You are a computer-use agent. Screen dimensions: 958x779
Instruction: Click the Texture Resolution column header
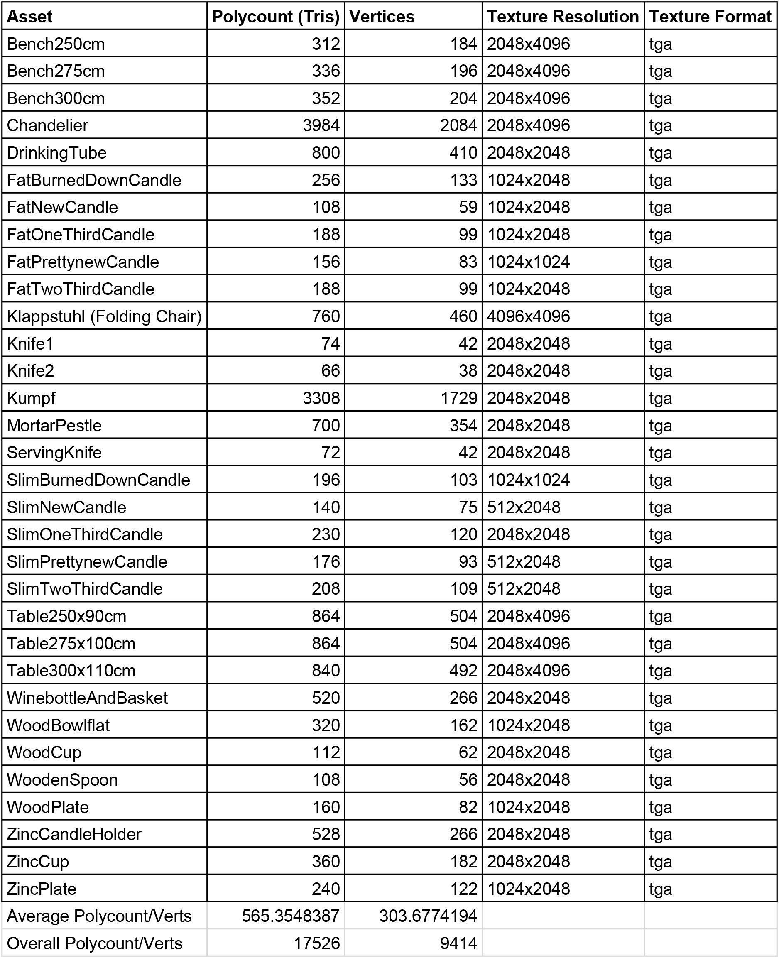pos(563,17)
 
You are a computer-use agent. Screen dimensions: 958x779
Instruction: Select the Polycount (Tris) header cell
pos(276,17)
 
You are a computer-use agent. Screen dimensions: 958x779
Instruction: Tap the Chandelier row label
pos(48,125)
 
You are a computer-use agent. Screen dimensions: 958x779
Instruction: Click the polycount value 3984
pos(321,125)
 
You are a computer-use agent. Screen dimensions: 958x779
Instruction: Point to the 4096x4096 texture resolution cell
pos(528,316)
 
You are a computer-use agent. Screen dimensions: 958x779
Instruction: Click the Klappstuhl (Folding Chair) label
pos(104,316)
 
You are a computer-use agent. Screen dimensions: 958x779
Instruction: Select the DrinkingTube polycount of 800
pos(326,152)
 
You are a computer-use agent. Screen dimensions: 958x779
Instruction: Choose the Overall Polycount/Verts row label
pos(95,943)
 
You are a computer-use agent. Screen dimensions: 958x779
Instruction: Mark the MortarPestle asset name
pos(54,425)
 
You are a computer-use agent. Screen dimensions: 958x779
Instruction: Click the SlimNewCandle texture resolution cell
pos(524,507)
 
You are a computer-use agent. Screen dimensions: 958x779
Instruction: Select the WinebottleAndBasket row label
pos(87,698)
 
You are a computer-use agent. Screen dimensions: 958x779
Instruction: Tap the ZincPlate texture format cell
pos(661,889)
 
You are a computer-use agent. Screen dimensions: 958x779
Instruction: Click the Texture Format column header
pos(710,17)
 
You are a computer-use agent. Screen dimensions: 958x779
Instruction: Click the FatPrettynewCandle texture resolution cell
pos(528,262)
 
